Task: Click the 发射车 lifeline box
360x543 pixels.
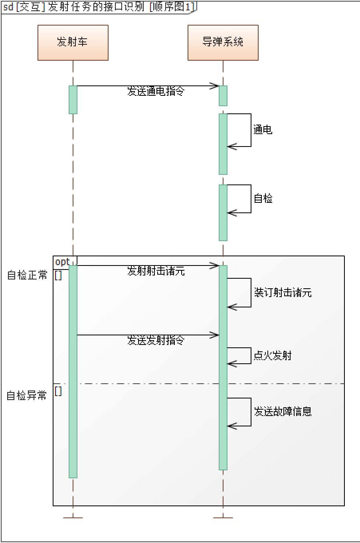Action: pos(73,43)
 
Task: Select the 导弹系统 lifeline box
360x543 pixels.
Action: pos(223,43)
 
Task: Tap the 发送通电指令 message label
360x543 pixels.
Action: pos(156,92)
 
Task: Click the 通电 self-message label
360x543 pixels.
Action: pos(263,130)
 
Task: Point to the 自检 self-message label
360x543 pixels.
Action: pos(263,198)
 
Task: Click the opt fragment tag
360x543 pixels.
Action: pos(63,262)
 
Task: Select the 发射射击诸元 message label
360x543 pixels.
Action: pos(156,271)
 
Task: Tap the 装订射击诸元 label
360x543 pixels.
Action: pos(283,293)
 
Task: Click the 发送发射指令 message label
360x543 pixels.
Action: pos(156,341)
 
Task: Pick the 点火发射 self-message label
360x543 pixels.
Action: pos(273,355)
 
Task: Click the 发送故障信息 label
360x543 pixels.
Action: pos(283,411)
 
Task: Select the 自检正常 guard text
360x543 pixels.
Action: pos(27,275)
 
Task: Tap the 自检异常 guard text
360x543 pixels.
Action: pos(27,396)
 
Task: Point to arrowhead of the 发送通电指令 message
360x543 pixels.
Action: pos(215,86)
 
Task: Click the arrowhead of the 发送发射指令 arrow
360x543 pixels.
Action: pos(215,335)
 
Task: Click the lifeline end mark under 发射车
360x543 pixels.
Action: pos(73,518)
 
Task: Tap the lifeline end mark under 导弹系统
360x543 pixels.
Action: pos(223,518)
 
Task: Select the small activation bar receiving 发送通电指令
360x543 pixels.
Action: pos(223,96)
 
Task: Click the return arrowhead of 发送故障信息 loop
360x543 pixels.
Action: pos(231,426)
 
